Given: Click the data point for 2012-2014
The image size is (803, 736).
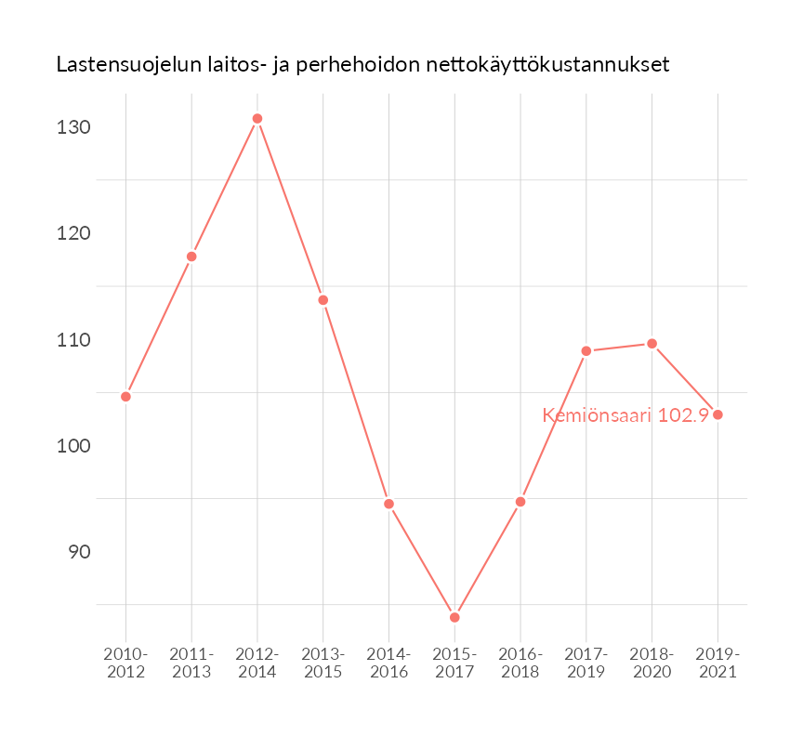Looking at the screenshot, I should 257,119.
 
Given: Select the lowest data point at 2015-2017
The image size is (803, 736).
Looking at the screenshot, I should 454,617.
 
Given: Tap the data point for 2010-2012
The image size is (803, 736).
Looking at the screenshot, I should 125,397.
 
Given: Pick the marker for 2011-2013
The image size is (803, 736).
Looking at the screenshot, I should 191,256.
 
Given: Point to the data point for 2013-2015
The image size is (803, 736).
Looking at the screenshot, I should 323,300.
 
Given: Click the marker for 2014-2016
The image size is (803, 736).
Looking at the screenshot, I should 389,504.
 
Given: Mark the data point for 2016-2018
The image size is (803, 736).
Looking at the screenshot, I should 520,502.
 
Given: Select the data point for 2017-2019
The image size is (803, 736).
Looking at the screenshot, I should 586,351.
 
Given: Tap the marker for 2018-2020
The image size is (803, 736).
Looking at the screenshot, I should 652,344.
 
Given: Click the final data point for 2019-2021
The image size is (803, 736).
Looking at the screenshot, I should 717,414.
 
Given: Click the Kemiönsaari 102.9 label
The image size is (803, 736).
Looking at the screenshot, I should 625,415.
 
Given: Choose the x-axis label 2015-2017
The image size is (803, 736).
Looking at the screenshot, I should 454,663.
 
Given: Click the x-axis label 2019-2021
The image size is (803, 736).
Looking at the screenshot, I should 717,663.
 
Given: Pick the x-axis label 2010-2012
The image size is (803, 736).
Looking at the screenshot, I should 125,663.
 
